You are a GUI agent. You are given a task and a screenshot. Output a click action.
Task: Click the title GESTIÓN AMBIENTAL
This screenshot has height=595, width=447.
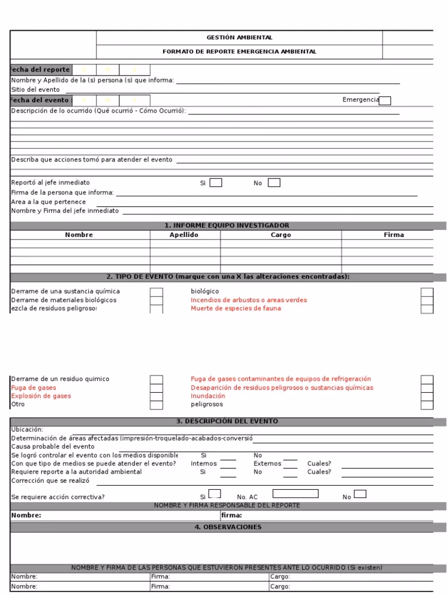coord(239,38)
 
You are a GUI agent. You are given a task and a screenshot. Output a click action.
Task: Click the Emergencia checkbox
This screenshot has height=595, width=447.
coord(385,101)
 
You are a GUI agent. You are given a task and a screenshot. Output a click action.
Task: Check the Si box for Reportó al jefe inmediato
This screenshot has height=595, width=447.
coord(215,183)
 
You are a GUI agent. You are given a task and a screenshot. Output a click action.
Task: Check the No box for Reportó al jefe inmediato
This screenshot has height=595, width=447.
coord(274,183)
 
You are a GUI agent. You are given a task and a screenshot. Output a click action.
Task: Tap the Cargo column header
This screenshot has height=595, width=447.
coord(281,235)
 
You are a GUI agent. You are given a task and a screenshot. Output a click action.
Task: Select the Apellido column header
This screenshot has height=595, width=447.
coord(185,235)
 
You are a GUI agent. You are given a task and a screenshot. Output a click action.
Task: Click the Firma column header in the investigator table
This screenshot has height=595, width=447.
coord(393,235)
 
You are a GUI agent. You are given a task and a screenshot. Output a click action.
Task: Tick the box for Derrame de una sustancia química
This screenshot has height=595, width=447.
coord(156,292)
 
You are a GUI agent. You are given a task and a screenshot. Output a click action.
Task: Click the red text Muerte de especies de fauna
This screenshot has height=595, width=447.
coord(236,309)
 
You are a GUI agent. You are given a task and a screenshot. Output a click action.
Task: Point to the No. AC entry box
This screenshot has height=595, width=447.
coord(296,494)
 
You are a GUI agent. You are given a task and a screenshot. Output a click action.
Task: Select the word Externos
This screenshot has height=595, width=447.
coord(267,464)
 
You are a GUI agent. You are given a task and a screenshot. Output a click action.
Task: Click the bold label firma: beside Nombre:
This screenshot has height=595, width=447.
coord(232,515)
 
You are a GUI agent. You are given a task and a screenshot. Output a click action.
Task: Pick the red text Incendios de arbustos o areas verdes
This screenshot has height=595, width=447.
coord(249,300)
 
